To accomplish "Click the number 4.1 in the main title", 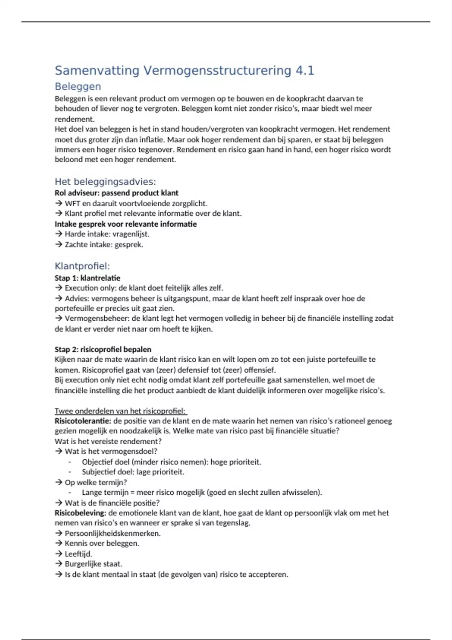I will pyautogui.click(x=305, y=70).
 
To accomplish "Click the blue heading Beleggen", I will pyautogui.click(x=78, y=87).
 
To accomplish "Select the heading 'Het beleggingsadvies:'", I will pyautogui.click(x=105, y=182).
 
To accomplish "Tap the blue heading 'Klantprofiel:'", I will pyautogui.click(x=82, y=266).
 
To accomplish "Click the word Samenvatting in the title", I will pyautogui.click(x=97, y=70).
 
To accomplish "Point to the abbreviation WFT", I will pyautogui.click(x=72, y=204).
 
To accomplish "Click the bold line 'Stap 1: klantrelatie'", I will pyautogui.click(x=87, y=278).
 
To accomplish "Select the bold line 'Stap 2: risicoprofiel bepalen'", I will pyautogui.click(x=103, y=349).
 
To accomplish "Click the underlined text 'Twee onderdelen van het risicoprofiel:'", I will pyautogui.click(x=121, y=411).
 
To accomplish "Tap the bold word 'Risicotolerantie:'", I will pyautogui.click(x=83, y=421).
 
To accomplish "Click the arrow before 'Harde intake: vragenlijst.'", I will pyautogui.click(x=58, y=234).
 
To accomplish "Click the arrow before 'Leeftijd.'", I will pyautogui.click(x=58, y=554).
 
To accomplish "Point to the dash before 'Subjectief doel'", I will pyautogui.click(x=70, y=472).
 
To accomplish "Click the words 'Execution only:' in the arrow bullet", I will pyautogui.click(x=90, y=288).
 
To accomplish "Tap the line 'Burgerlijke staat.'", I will pyautogui.click(x=93, y=564).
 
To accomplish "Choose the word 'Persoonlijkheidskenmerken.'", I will pyautogui.click(x=113, y=533).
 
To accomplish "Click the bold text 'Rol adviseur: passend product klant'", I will pyautogui.click(x=116, y=193).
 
